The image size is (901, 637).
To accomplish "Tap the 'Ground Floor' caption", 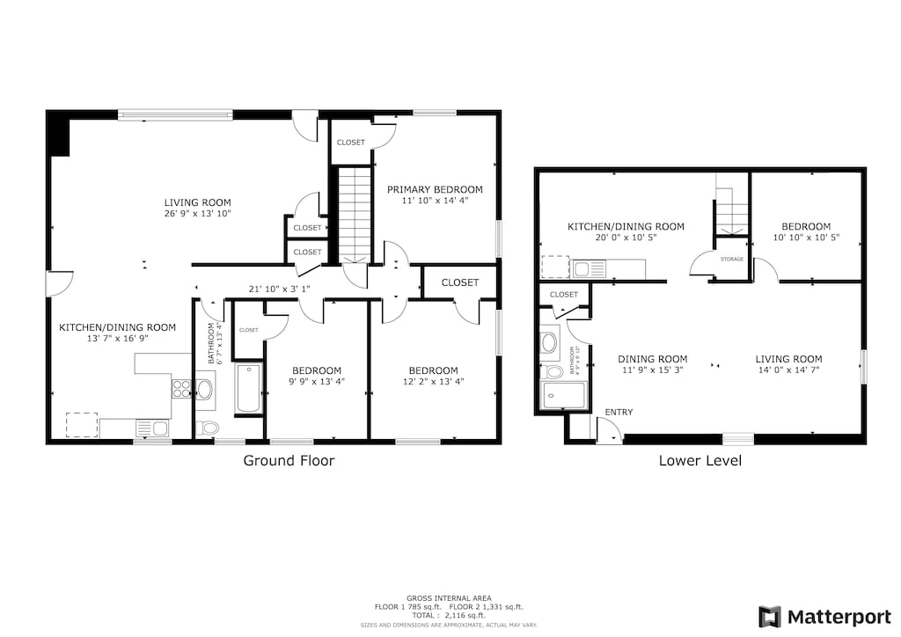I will click(x=289, y=460).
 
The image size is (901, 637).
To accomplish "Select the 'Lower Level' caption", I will click(x=700, y=460).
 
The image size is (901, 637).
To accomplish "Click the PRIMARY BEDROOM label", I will click(x=435, y=189).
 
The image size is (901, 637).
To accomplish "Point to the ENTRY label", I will click(x=619, y=413).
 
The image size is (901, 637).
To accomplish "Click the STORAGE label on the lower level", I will click(x=732, y=260).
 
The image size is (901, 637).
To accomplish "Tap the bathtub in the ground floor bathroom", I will click(x=248, y=389).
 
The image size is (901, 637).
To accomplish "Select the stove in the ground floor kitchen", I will click(x=181, y=388).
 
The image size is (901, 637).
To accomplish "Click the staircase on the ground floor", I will click(x=355, y=214).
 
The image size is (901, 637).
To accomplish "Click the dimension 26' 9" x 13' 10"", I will click(x=197, y=214).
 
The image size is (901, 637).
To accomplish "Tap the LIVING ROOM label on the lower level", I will click(x=788, y=359).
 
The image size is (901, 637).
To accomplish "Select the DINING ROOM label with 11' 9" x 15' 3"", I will click(x=652, y=359).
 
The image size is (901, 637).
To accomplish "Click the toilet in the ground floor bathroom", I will click(x=208, y=428).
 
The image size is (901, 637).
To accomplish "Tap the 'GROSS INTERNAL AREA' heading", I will click(x=450, y=597).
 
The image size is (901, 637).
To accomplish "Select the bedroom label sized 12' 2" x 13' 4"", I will click(x=433, y=370).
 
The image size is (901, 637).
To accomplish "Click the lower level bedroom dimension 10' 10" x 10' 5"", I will click(x=805, y=238).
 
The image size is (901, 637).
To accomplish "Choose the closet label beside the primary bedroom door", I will click(x=350, y=143).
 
